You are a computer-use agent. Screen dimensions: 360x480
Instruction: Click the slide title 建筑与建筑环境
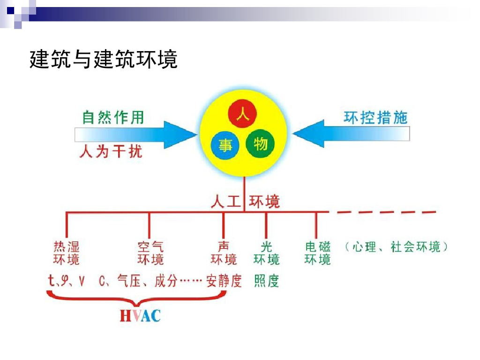[104, 60]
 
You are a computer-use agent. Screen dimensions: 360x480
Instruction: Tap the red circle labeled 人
[242, 114]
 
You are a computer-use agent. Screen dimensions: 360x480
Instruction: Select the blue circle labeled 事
[225, 145]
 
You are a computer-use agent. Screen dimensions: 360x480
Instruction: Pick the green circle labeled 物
[260, 143]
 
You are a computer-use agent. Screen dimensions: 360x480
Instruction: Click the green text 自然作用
[113, 117]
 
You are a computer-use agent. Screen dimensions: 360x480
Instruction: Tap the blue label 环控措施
[375, 117]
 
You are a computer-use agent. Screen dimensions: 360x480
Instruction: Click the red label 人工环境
[245, 202]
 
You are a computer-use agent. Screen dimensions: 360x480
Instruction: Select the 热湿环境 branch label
[67, 253]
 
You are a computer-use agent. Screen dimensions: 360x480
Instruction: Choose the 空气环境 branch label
[150, 253]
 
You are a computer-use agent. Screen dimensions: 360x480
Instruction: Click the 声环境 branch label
[224, 253]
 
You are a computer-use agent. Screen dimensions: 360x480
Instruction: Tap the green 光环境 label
[266, 253]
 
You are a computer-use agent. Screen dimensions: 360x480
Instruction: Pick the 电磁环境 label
[317, 253]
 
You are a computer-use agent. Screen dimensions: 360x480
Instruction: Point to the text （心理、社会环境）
[396, 247]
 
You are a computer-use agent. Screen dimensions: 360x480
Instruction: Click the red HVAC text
[140, 315]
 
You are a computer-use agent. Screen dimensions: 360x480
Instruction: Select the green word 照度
[266, 281]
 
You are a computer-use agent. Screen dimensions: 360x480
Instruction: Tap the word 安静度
[224, 281]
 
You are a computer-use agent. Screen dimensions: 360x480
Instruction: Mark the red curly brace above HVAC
[136, 297]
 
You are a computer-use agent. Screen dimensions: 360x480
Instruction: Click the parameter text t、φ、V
[67, 281]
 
